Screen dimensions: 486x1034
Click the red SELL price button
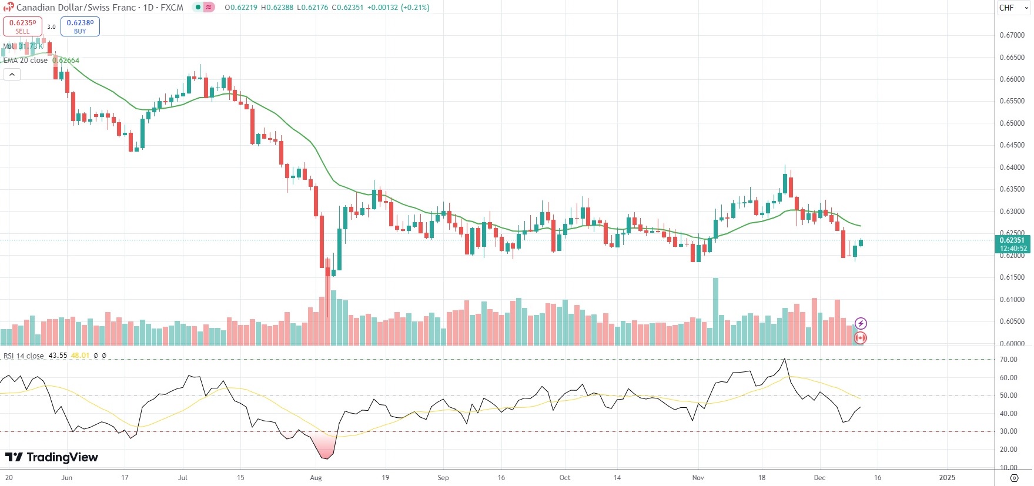(x=22, y=26)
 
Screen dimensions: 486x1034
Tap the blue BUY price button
(x=80, y=26)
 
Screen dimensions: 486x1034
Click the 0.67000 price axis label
(x=1012, y=35)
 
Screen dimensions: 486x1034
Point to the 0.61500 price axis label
(x=1012, y=277)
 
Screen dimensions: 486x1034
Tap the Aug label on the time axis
(x=316, y=478)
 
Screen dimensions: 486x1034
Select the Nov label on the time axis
(x=698, y=478)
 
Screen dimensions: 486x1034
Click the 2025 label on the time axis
(x=946, y=478)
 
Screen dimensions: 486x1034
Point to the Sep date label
(x=443, y=478)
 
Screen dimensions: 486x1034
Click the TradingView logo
(x=52, y=457)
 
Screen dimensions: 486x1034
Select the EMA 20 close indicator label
(x=26, y=61)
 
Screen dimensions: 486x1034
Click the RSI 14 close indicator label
(x=24, y=356)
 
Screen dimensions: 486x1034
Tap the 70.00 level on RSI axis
(x=1008, y=360)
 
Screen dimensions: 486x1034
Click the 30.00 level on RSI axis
(x=1008, y=431)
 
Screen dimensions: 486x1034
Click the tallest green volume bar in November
(x=715, y=311)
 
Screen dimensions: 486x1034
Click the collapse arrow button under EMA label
(x=12, y=75)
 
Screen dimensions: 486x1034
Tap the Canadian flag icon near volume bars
(x=861, y=338)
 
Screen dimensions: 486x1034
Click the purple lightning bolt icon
(x=861, y=323)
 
